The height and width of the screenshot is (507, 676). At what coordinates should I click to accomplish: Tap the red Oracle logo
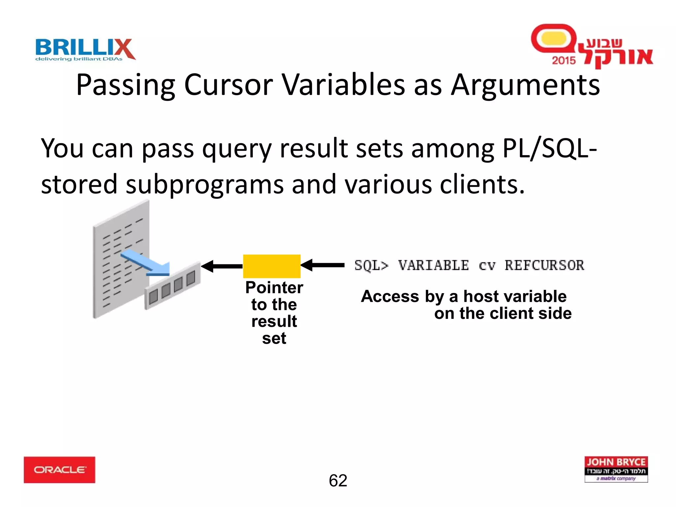[x=59, y=470]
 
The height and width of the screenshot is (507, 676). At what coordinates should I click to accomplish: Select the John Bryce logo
[x=616, y=469]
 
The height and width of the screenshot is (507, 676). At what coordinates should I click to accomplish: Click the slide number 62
[x=338, y=481]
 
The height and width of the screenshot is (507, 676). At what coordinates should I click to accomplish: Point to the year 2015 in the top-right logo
[x=564, y=60]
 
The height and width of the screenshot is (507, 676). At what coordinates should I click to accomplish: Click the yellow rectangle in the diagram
[x=272, y=266]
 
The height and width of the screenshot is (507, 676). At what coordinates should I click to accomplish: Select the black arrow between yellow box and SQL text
[x=323, y=265]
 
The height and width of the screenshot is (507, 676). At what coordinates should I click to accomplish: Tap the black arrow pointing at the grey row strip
[x=222, y=266]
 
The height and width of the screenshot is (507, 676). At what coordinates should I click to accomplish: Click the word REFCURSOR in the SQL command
[x=544, y=265]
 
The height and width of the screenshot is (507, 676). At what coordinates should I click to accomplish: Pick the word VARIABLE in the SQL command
[x=433, y=265]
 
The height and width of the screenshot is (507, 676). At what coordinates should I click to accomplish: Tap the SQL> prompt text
[x=371, y=265]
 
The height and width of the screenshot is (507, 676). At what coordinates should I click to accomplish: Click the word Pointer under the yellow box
[x=274, y=287]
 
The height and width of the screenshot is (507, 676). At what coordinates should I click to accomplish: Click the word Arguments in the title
[x=525, y=85]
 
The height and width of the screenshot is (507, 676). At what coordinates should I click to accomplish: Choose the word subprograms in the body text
[x=204, y=184]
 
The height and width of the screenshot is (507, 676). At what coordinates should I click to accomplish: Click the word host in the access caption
[x=483, y=296]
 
